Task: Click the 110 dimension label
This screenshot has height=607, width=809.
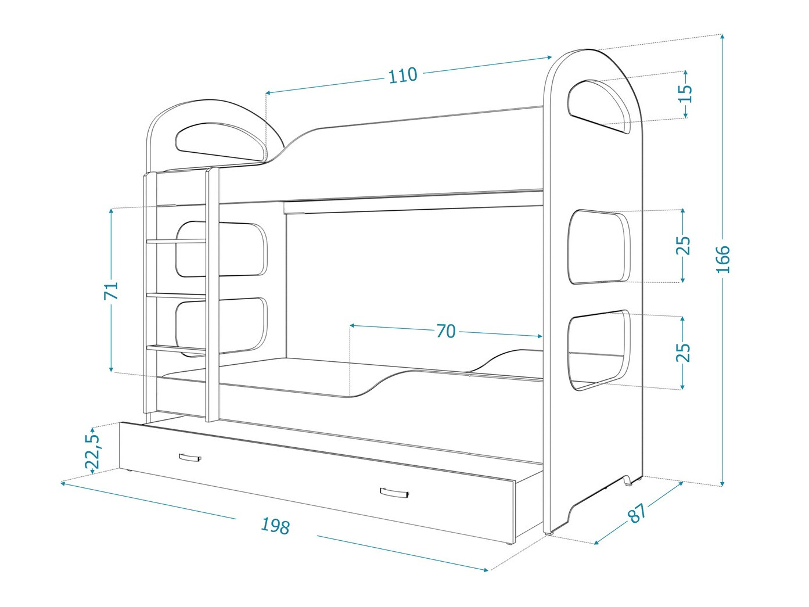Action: tap(402, 75)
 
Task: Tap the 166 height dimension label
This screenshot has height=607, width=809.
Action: tap(722, 259)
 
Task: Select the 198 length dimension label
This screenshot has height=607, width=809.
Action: tap(275, 526)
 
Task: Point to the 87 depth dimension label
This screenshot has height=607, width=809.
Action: tap(637, 512)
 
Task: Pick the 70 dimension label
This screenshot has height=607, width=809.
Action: tap(445, 331)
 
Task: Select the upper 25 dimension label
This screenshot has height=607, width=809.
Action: tap(684, 245)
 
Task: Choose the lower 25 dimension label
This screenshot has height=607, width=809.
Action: tap(684, 352)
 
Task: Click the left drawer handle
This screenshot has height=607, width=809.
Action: tap(190, 458)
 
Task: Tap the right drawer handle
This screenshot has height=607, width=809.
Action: tap(395, 493)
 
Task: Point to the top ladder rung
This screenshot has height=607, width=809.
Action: tap(177, 240)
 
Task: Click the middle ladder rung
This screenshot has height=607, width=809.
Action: tap(177, 296)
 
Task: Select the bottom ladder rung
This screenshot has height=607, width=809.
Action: tap(177, 349)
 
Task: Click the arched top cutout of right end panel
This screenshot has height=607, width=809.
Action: tap(598, 106)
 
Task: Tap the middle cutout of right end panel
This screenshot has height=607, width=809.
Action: tap(599, 246)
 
